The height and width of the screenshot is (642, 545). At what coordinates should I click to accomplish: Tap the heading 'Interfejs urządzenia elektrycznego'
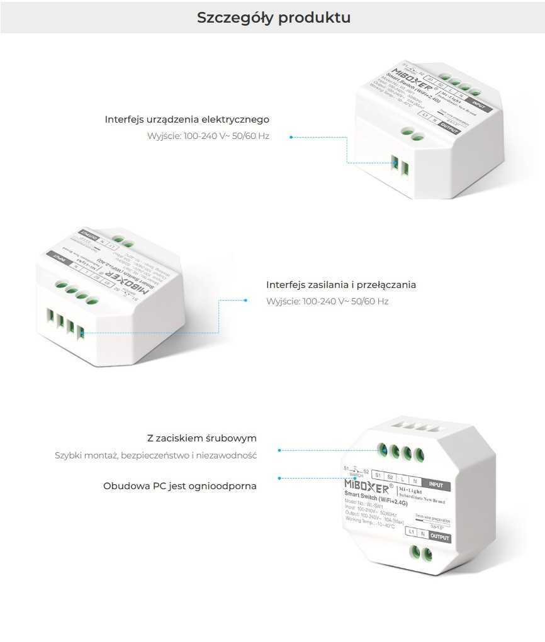click(x=187, y=119)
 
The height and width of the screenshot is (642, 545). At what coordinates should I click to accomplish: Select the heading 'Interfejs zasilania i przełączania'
click(x=341, y=285)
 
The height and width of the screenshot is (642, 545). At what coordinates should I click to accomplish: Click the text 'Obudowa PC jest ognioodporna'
click(x=180, y=486)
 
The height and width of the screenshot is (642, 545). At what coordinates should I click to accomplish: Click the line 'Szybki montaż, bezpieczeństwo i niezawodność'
click(x=155, y=455)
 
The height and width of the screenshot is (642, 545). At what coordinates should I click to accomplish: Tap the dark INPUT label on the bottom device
click(x=435, y=485)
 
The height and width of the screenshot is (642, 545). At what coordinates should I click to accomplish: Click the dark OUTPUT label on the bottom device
click(x=440, y=537)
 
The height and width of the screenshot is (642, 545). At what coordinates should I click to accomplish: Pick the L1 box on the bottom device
click(x=411, y=533)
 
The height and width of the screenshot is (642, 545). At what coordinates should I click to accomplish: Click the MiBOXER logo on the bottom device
click(x=367, y=487)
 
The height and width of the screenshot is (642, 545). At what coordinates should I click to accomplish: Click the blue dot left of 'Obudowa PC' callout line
click(x=279, y=478)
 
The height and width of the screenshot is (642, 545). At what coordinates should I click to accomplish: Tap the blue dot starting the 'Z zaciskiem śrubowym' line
click(x=279, y=450)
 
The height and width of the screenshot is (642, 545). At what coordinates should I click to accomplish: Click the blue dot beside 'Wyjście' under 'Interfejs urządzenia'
click(x=291, y=136)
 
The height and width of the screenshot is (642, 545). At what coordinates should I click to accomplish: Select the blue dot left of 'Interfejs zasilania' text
click(x=245, y=301)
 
